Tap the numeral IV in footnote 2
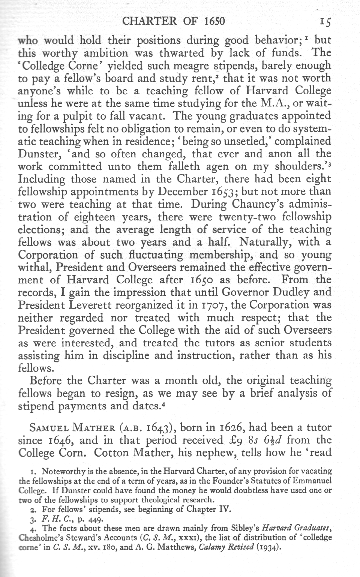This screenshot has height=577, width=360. click(x=220, y=510)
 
